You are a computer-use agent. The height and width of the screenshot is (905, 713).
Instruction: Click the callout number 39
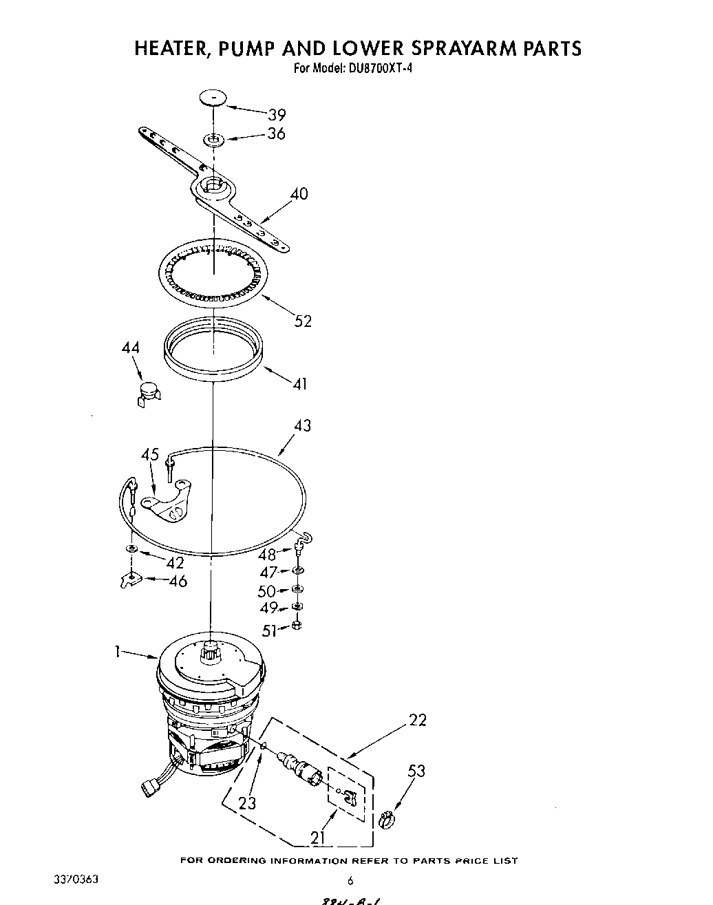[277, 115]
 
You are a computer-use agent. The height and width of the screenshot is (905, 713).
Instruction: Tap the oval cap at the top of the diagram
[214, 98]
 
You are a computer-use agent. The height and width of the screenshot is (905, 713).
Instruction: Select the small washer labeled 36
[213, 141]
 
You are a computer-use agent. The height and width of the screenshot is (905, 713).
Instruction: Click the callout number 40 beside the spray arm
[299, 194]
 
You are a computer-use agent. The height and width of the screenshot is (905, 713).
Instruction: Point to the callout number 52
[303, 321]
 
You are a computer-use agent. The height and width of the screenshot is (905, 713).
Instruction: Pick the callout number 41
[299, 383]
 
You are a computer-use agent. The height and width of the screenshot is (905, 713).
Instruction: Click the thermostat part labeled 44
[146, 395]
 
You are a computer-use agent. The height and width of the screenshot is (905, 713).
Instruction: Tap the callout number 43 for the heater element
[301, 426]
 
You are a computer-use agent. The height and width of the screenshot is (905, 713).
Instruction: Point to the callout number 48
[266, 554]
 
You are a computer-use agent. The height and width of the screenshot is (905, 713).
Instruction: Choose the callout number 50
[266, 591]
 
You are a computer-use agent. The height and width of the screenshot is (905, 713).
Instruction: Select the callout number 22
[417, 720]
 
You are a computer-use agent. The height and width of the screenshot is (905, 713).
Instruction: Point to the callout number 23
[247, 802]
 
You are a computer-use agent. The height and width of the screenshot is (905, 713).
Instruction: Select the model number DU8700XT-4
[374, 68]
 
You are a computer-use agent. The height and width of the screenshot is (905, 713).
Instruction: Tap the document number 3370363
[76, 880]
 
